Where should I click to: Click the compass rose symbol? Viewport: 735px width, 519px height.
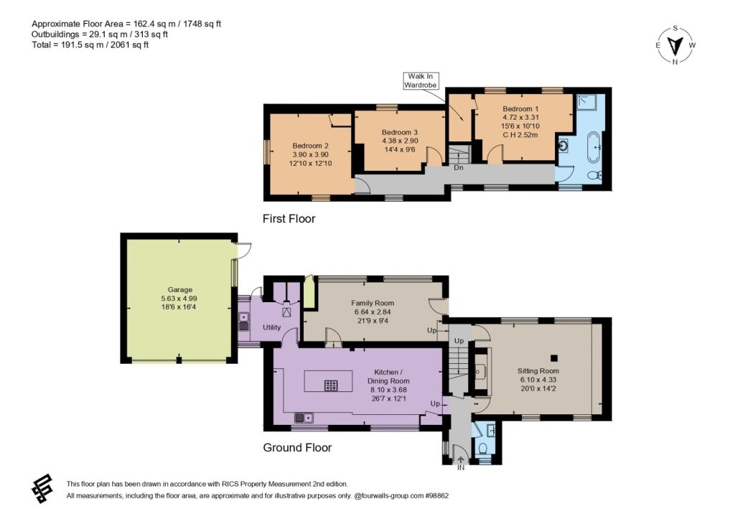[675, 45]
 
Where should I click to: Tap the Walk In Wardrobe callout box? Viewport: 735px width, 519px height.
[421, 80]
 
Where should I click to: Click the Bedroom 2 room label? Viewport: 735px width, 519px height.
[310, 146]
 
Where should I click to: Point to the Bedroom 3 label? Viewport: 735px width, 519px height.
[399, 132]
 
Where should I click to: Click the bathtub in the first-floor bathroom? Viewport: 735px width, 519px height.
[593, 146]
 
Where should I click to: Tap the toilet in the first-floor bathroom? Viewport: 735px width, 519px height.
[595, 175]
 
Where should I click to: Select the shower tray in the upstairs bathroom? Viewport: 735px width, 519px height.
[587, 102]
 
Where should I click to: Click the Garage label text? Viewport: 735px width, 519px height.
[180, 290]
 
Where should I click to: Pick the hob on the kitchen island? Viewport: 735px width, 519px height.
[330, 385]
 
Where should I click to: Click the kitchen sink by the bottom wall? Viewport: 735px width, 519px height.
[304, 417]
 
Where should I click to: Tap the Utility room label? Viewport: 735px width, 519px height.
[271, 327]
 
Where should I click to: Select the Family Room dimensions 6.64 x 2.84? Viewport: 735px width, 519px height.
[373, 312]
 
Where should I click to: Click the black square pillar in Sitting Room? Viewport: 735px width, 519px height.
[554, 358]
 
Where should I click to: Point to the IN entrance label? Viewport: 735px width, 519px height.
[461, 467]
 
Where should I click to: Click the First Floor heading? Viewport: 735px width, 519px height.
[289, 219]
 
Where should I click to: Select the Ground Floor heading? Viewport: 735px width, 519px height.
[297, 448]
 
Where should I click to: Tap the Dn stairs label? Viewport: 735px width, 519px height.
[459, 167]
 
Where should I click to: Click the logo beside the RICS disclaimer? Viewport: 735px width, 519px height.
[42, 489]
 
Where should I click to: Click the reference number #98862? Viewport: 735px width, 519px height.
[436, 495]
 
